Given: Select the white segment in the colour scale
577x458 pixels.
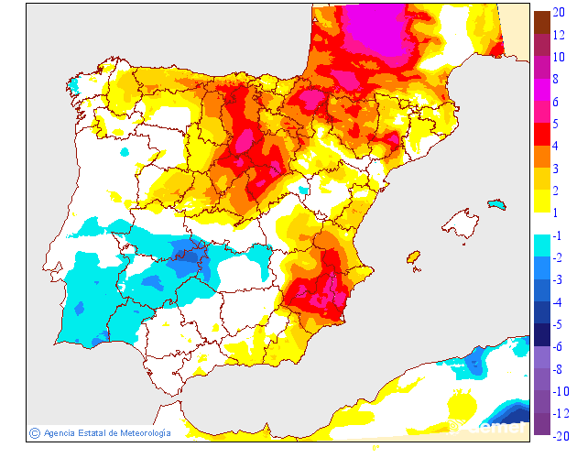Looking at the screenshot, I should pos(542,224).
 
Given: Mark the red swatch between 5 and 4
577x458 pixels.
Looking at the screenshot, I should pos(542,135).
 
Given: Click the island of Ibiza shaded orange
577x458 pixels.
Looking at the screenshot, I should pos(412,256).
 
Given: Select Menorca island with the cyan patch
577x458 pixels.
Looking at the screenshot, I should pos(496,203).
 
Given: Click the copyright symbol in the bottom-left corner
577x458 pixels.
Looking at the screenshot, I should pos(35,432).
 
